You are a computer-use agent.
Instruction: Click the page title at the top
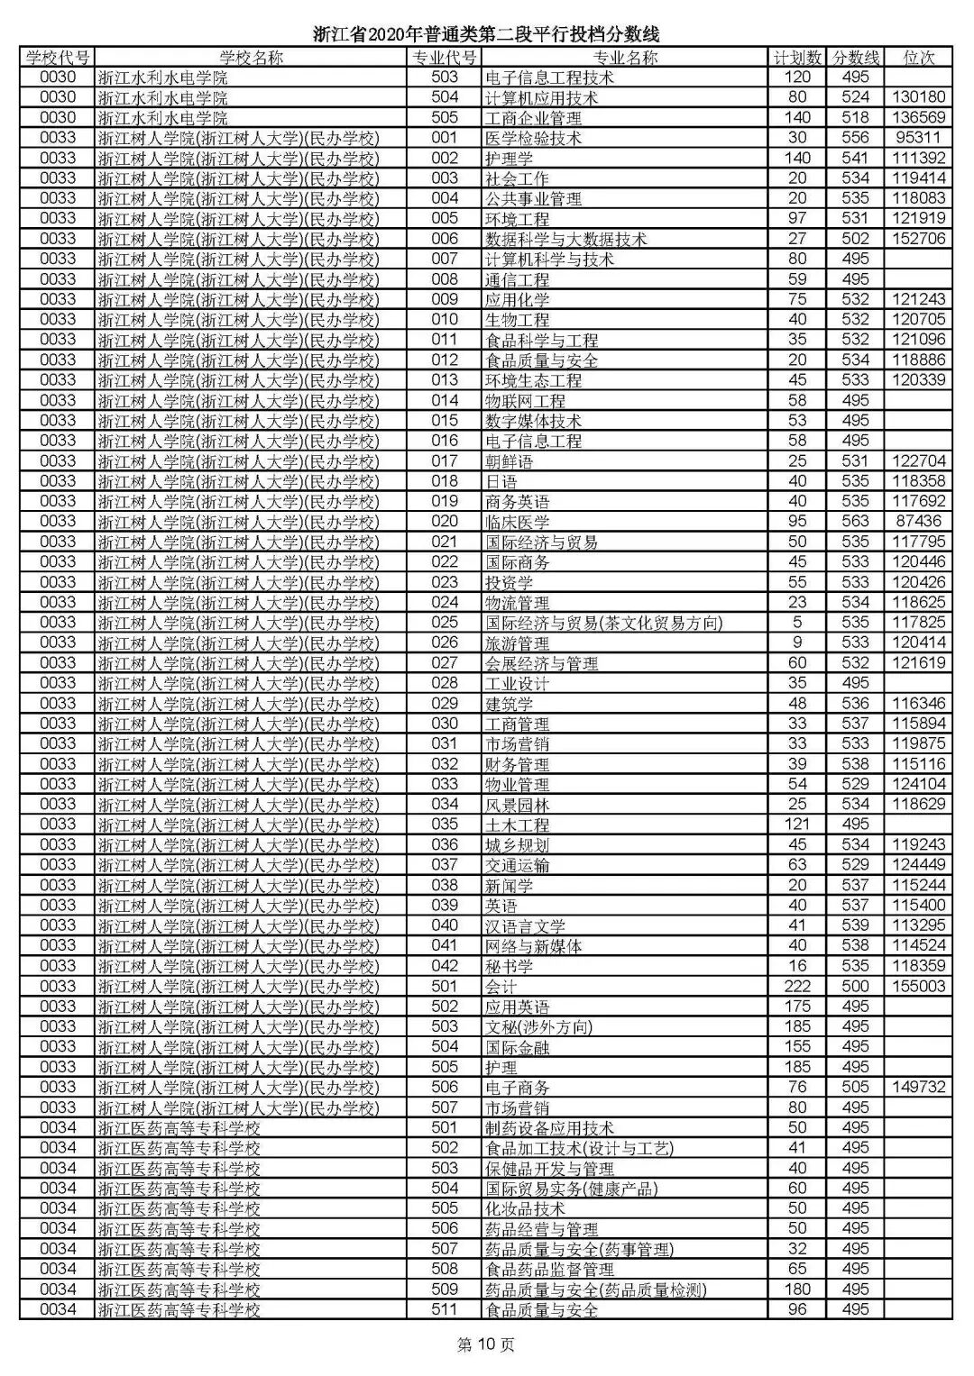pos(486,34)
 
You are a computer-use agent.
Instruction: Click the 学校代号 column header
pos(58,58)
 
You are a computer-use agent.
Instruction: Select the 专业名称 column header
pos(625,58)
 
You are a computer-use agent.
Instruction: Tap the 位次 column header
pos(918,58)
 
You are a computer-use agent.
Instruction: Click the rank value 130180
pos(918,97)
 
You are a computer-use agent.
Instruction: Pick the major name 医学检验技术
pos(533,138)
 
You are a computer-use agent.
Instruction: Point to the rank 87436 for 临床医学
pos(918,521)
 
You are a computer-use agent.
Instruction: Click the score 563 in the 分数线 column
pos(854,521)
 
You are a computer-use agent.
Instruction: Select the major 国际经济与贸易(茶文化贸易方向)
pos(603,623)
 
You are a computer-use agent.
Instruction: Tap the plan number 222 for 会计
pos(797,986)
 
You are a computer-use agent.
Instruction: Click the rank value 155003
pos(918,986)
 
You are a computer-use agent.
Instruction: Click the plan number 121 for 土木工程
pos(797,825)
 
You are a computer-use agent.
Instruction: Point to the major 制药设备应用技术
pos(549,1127)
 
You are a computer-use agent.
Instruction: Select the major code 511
pos(445,1309)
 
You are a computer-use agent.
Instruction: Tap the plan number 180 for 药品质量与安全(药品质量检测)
pos(797,1289)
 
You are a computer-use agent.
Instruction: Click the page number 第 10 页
pos(486,1345)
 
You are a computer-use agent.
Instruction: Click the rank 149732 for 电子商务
pos(918,1087)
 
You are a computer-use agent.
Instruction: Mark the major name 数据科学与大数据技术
pos(565,239)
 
